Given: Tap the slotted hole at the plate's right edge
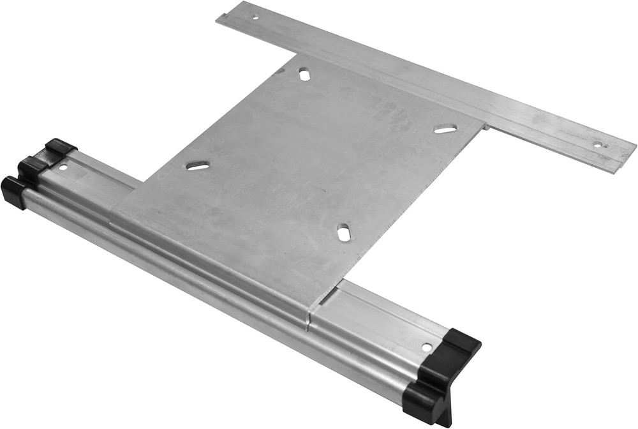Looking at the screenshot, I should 445,129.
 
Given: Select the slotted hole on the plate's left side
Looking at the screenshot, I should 198,166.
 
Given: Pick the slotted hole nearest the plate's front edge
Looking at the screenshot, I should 344,233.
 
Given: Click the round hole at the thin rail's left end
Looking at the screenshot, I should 255,17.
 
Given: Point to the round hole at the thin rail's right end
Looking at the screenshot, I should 597,145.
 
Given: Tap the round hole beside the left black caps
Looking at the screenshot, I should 63,167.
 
